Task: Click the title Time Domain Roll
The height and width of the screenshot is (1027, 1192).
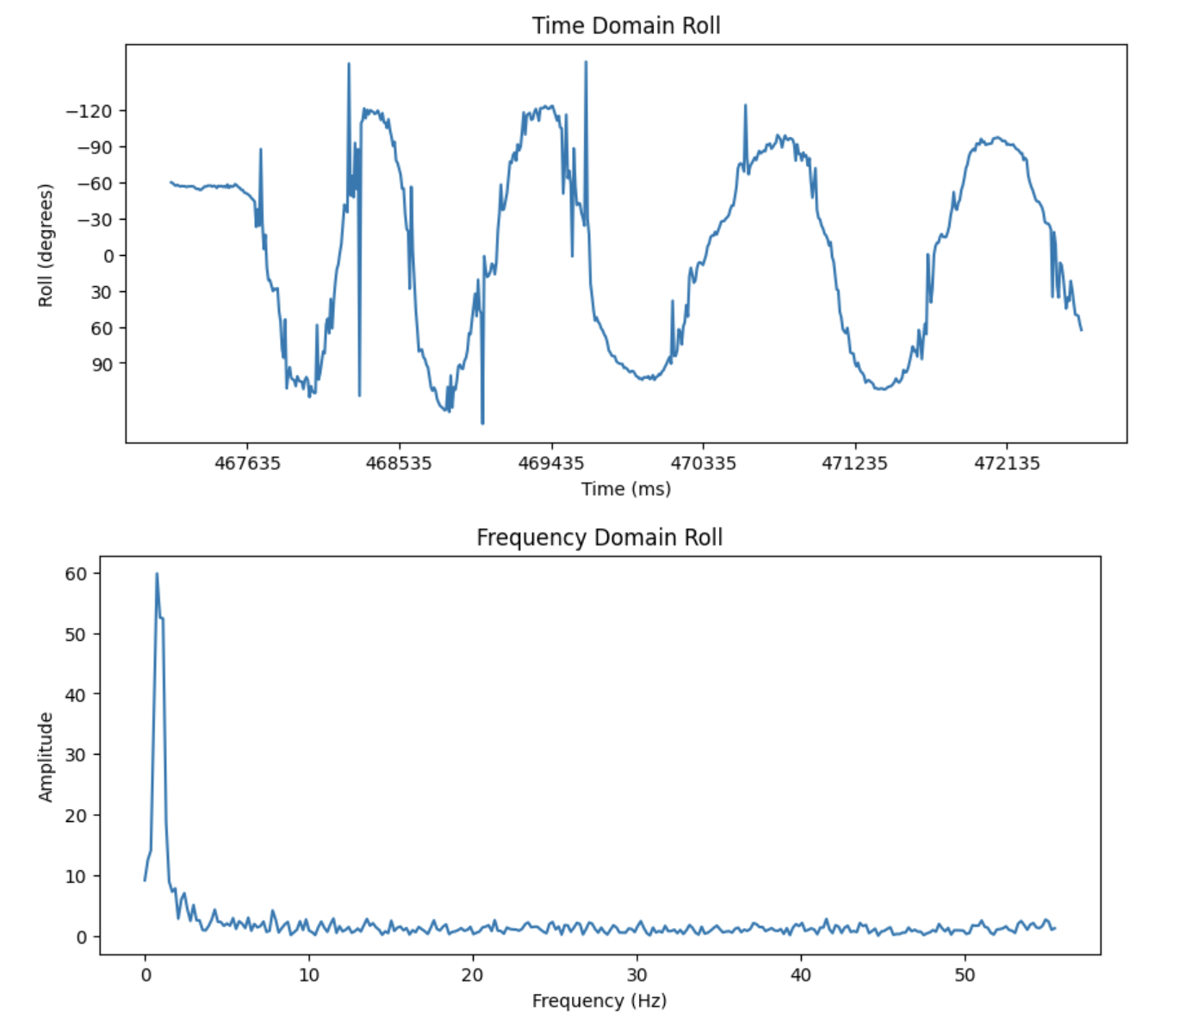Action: tap(626, 26)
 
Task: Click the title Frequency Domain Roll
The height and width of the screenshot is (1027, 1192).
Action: tap(599, 538)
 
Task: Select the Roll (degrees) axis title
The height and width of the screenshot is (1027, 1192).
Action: tap(46, 246)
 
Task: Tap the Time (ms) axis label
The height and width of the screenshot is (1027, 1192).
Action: tap(626, 489)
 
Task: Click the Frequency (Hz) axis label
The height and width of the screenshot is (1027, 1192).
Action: tap(599, 1001)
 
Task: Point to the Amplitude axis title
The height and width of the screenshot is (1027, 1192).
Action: tap(46, 757)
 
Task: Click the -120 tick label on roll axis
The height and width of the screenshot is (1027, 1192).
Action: tap(90, 111)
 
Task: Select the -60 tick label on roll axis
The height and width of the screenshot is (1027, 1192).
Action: tap(94, 184)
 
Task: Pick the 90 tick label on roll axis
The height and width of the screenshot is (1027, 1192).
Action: tap(102, 364)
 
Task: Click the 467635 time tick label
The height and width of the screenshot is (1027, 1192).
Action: tap(247, 464)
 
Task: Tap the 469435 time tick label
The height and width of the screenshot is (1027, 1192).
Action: tap(551, 464)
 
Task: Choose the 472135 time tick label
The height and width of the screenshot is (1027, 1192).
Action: tap(1007, 464)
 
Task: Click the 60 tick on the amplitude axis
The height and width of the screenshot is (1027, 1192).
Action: tap(76, 574)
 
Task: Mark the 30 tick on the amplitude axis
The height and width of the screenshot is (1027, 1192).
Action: tap(76, 755)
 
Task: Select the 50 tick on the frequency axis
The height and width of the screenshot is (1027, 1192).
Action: tap(965, 975)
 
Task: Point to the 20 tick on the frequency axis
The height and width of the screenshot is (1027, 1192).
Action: tap(473, 975)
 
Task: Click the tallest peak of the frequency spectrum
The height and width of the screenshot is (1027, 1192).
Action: tap(157, 574)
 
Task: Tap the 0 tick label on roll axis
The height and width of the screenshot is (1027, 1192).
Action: tap(108, 256)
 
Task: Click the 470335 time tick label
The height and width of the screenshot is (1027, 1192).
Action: tap(703, 464)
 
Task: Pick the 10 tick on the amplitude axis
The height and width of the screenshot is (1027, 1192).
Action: tap(76, 876)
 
